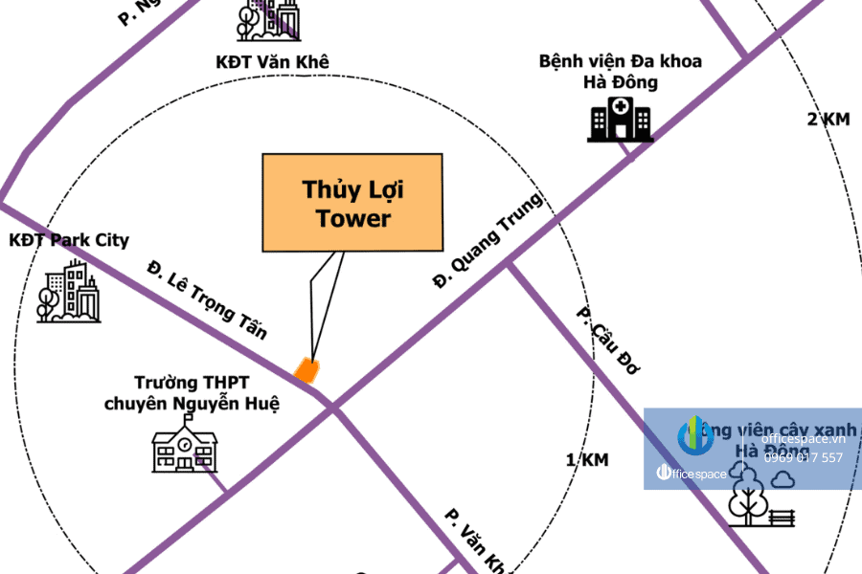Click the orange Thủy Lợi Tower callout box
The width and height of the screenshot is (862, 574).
352,203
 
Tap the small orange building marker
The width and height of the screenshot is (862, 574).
306,370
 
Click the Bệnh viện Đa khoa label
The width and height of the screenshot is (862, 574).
620,61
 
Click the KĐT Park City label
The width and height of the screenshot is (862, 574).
68,240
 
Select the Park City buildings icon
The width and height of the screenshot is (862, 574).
69,292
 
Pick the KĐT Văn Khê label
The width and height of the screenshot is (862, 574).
272,62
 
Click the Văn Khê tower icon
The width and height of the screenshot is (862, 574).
269,20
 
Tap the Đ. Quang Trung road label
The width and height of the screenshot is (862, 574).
488,240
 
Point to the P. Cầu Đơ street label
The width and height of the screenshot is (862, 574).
606,341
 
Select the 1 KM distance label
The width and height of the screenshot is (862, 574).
587,460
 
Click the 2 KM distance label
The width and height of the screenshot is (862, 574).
828,119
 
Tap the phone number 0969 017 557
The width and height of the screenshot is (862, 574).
804,457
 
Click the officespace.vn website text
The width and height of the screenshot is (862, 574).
804,438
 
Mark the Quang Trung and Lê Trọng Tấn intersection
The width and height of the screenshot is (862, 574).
334,410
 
